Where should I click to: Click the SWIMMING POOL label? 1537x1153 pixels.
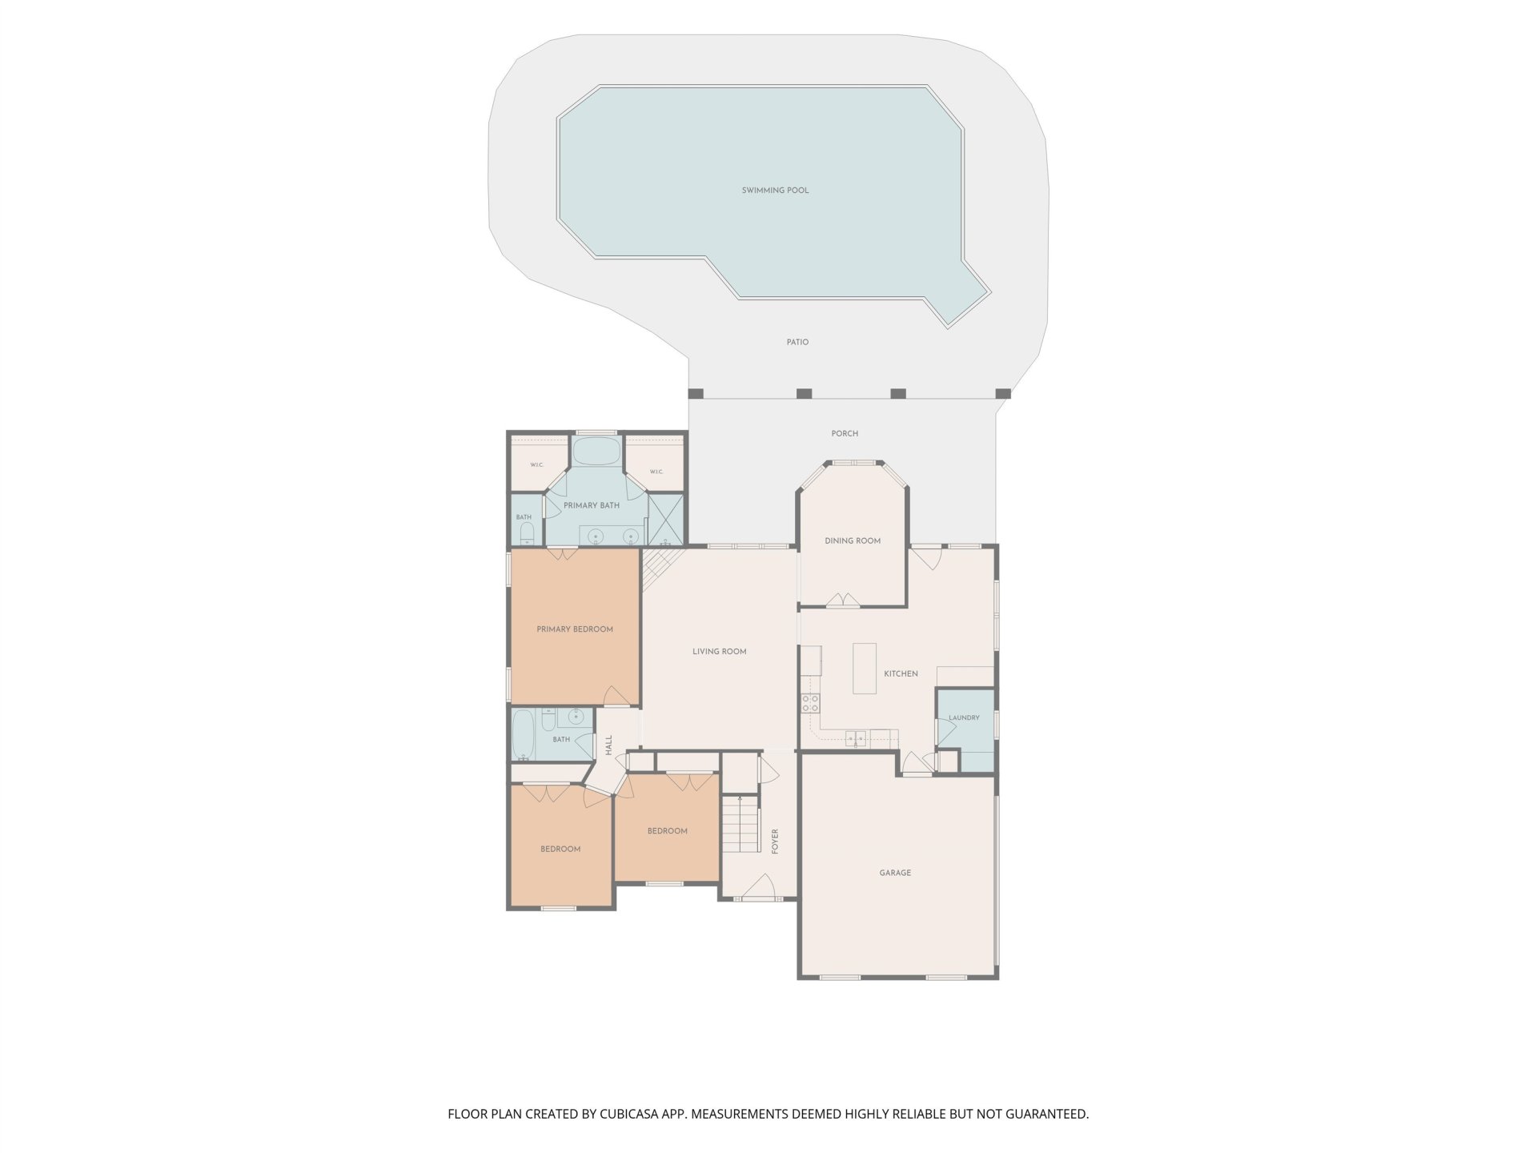775,191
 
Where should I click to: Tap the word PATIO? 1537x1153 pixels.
797,342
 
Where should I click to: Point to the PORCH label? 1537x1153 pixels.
845,433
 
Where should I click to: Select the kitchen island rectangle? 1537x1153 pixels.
865,668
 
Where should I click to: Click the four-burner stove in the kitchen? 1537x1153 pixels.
810,703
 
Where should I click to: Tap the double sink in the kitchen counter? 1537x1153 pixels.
856,737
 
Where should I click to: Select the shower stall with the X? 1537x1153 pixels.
666,519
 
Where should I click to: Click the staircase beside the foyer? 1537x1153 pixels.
740,823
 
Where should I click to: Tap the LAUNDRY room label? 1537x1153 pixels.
964,717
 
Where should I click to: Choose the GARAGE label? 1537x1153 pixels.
895,873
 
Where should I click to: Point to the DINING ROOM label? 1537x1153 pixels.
853,540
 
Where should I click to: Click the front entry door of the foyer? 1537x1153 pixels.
759,886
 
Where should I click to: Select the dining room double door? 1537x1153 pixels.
842,600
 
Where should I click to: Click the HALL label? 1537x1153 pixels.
609,745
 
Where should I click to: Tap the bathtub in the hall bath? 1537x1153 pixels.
524,734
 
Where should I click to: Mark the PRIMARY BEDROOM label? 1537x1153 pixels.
575,629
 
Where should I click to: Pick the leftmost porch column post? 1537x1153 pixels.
696,393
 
